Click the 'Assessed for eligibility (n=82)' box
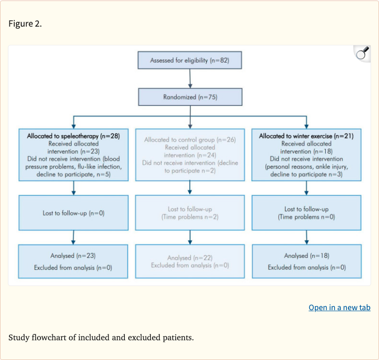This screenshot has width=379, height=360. [189, 61]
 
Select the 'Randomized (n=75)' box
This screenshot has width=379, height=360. [190, 97]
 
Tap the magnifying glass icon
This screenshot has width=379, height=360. [362, 53]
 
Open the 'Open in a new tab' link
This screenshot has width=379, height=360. [340, 307]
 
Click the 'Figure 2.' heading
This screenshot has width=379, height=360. [25, 24]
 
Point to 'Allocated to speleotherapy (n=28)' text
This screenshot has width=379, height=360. [74, 135]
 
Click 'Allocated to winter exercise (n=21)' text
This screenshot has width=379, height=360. [306, 136]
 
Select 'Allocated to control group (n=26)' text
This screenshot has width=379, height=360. [190, 140]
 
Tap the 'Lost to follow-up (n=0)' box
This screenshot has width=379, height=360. [74, 213]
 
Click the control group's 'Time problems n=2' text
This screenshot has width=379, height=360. [190, 217]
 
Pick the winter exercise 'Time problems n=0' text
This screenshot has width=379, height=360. [306, 217]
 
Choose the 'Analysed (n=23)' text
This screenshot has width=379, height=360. [73, 256]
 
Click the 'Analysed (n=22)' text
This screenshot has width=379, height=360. [190, 258]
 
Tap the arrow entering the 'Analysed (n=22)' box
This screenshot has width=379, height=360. [190, 239]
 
